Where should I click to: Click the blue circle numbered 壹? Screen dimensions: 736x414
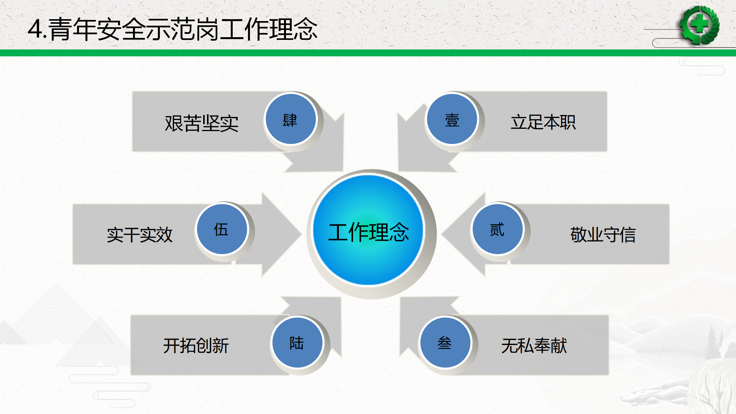(452, 119)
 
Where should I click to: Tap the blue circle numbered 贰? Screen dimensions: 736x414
(498, 229)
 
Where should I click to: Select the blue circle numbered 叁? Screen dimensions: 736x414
(445, 342)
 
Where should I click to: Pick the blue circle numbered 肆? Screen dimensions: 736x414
(291, 119)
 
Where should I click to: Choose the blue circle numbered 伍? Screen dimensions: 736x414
(222, 229)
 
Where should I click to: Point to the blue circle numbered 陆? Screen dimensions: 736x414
(297, 342)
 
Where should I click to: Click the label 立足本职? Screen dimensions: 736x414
(543, 122)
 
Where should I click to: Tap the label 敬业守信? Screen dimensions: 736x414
(603, 235)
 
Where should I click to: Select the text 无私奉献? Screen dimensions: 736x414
(534, 345)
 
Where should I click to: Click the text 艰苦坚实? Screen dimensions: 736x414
(202, 123)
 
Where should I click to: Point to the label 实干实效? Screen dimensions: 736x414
(140, 235)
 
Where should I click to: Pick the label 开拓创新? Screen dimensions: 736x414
(196, 345)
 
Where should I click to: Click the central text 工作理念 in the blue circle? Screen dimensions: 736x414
(369, 232)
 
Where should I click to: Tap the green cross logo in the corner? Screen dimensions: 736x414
(700, 25)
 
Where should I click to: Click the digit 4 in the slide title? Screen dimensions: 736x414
(35, 29)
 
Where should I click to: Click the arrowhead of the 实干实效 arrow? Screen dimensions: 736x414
(281, 234)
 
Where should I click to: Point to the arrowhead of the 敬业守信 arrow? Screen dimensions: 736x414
(463, 234)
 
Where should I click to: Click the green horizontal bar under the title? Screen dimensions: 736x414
(368, 53)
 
